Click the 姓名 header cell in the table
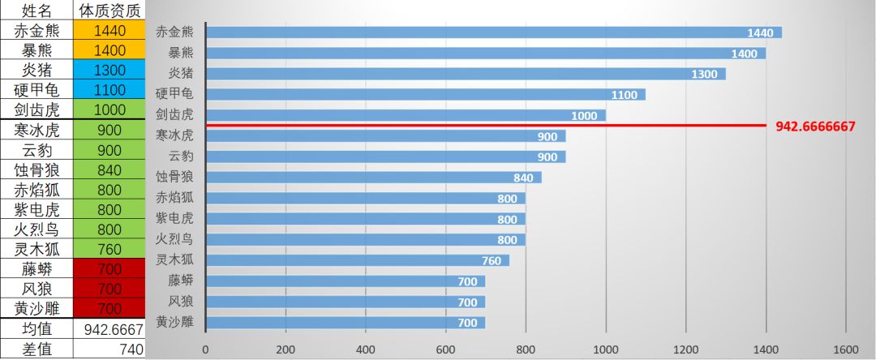pyautogui.click(x=36, y=11)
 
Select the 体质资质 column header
pyautogui.click(x=109, y=11)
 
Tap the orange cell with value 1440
pyautogui.click(x=109, y=32)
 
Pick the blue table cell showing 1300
pyautogui.click(x=109, y=71)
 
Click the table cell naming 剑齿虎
pyautogui.click(x=36, y=110)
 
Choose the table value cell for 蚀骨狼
pyautogui.click(x=109, y=170)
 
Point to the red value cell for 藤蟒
pyautogui.click(x=109, y=269)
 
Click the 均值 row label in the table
pyautogui.click(x=36, y=329)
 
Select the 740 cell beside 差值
pyautogui.click(x=109, y=349)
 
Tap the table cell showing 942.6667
pyautogui.click(x=109, y=329)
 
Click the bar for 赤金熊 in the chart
pyautogui.click(x=487, y=32)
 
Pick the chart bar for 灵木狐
pyautogui.click(x=357, y=260)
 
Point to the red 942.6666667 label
pyautogui.click(x=815, y=127)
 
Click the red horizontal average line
pyautogui.click(x=487, y=126)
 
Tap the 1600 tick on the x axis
pyautogui.click(x=845, y=349)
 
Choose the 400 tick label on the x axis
pyautogui.click(x=365, y=349)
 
